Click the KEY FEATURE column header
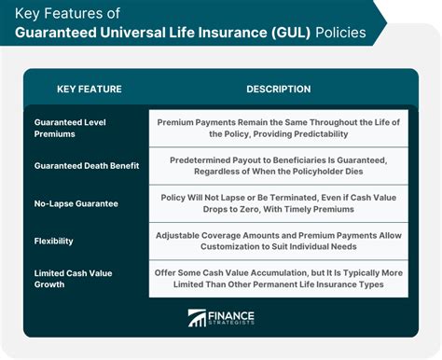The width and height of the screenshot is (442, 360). pos(90,90)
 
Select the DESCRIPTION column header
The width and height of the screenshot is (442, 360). pos(279,90)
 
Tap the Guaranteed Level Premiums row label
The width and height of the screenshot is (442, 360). pos(70,128)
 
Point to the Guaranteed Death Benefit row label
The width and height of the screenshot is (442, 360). pos(87,166)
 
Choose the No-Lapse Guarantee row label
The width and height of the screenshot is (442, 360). pos(76,203)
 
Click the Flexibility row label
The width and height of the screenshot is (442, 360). pos(54,241)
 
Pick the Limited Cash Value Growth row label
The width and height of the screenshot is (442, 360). pos(73,279)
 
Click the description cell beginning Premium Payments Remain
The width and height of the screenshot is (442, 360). pos(279,128)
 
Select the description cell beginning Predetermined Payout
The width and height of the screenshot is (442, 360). pos(279,166)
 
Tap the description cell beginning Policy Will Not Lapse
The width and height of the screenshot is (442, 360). pos(279,203)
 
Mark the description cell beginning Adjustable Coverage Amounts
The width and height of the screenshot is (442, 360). pos(279,241)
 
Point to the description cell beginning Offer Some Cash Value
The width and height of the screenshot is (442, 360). pos(279,279)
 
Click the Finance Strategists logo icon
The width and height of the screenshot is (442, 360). pos(197,318)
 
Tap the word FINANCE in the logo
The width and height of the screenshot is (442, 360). pos(231,316)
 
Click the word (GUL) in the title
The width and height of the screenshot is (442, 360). pos(291,33)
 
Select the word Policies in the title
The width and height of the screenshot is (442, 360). pos(340,33)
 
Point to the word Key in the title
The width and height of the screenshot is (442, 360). pos(27,14)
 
